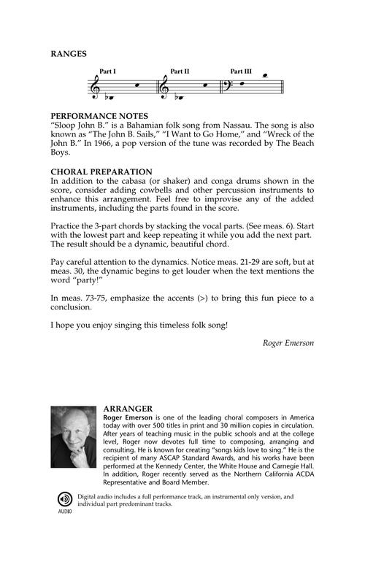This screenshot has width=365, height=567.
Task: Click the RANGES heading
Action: tap(69, 53)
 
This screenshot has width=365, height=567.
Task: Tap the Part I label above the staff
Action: tap(108, 72)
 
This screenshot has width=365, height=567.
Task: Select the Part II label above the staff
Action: tap(180, 72)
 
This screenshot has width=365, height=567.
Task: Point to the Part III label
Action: tap(241, 72)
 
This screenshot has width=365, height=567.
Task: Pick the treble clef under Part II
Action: tap(166, 88)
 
